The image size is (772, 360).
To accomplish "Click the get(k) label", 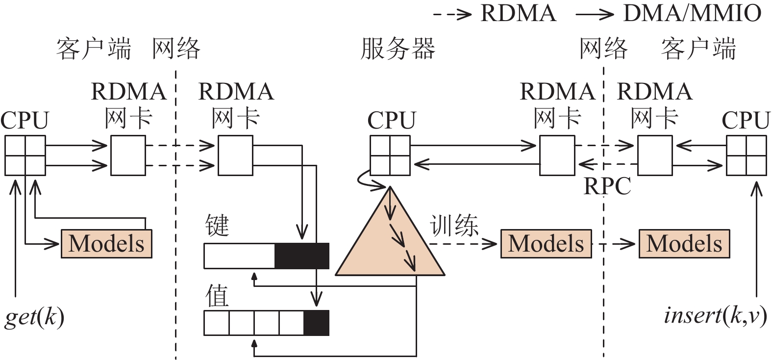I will pos(34,317).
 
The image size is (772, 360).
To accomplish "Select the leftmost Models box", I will pos(106,243).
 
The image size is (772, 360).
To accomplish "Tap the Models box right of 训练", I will pos(546,243).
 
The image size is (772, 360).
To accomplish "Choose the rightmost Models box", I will pos(684,243).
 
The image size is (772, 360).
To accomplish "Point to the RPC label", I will pos(607,186).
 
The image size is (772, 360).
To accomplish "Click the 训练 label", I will pos(454,226).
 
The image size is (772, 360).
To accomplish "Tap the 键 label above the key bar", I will pos(217,226).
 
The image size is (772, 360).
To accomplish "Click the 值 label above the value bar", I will pos(217,296).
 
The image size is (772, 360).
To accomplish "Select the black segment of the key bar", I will pos(301,256).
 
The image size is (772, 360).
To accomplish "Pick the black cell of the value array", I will pos(316,323).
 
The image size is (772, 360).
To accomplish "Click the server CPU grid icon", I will pos(390,155).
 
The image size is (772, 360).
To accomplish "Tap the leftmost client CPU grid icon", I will pos(25,155).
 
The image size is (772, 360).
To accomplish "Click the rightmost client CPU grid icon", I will pos(746,155).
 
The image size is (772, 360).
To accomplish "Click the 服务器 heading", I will pos(398,49).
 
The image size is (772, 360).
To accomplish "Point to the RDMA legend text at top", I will pos(518,13).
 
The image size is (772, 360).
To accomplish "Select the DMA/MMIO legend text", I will pos(692,13).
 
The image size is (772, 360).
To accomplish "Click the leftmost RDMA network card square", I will pos(127,155).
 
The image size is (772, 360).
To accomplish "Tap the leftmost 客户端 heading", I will pos(93,49).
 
